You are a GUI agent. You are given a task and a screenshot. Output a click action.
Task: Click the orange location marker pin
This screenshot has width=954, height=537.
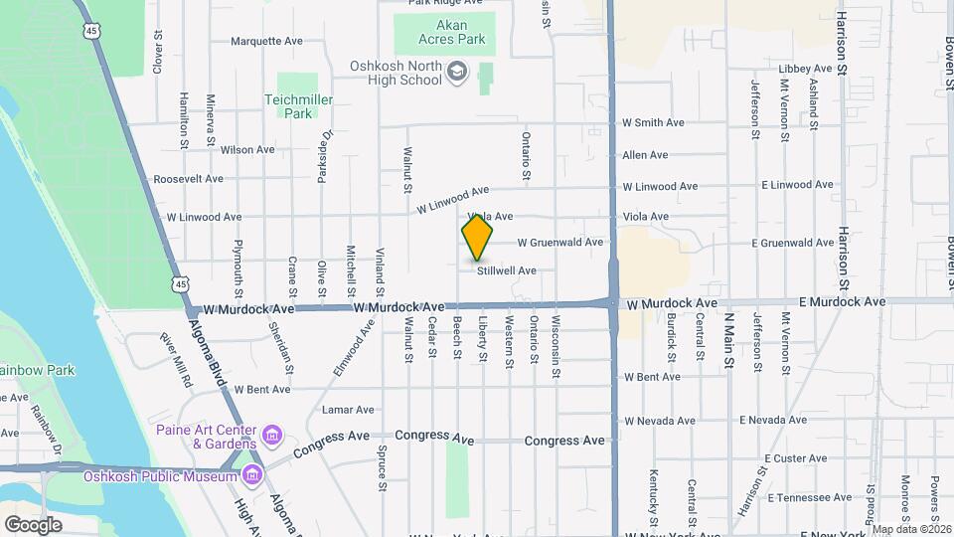coord(477,240)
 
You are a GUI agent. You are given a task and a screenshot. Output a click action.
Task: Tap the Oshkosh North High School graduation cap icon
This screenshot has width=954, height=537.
coord(457,72)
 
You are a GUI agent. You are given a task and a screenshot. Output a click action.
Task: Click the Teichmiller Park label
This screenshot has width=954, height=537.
coord(298,106)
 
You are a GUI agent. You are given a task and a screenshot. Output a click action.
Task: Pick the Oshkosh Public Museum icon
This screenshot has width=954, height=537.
coord(252,475)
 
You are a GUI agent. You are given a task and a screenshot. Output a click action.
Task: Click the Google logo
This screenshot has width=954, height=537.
coord(33,524)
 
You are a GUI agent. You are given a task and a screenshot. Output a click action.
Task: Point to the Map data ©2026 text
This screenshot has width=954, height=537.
coord(910,529)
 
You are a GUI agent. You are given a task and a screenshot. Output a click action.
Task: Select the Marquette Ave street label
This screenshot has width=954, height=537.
coord(266,42)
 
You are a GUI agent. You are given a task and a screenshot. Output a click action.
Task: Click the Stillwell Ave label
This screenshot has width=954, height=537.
coord(506,270)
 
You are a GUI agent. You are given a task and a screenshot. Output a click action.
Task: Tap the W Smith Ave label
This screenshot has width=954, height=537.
coord(653,123)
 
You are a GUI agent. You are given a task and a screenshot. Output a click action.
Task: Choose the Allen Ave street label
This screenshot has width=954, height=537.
coord(645,155)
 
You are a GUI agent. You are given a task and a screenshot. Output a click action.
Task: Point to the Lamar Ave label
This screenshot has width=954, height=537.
coord(348,410)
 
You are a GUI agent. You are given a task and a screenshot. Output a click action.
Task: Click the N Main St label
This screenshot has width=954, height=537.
coord(727,341)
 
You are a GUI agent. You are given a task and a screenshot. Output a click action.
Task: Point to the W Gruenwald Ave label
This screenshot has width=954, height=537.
coord(559,243)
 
